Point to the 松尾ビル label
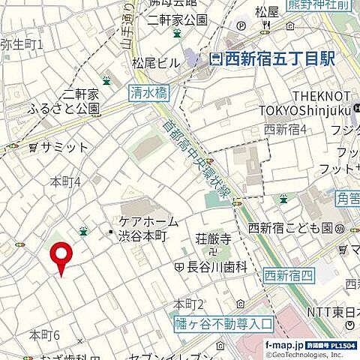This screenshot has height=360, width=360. click(x=154, y=63)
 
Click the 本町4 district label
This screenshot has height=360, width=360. click(x=65, y=181)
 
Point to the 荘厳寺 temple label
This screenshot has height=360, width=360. click(x=212, y=241)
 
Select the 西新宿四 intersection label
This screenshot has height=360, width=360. click(x=288, y=276)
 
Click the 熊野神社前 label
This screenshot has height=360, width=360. click(x=328, y=6)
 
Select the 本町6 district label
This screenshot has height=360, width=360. click(x=44, y=334)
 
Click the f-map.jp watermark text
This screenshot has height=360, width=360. click(x=285, y=344)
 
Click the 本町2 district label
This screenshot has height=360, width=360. click(x=189, y=304)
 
